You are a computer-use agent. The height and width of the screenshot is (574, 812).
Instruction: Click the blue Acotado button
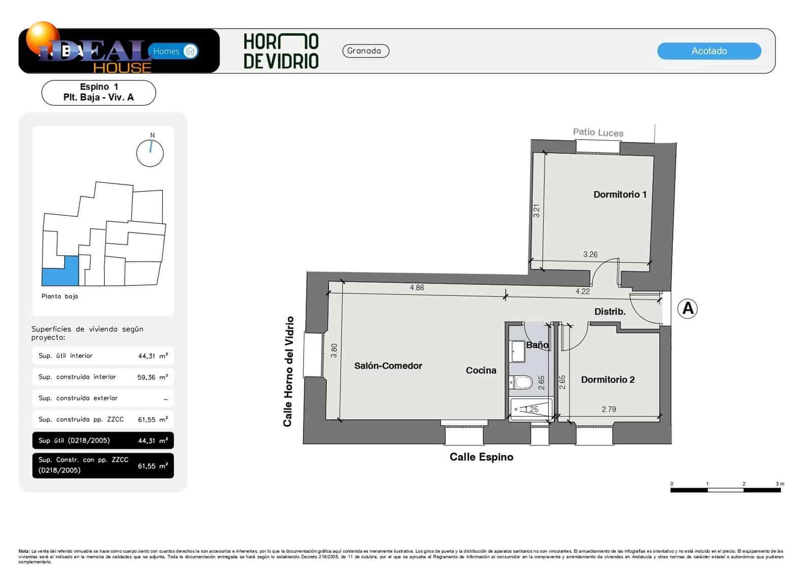(x=709, y=51)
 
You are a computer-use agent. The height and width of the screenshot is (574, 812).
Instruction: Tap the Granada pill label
(x=365, y=51)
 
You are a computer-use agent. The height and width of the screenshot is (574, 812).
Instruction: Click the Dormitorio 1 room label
(x=620, y=195)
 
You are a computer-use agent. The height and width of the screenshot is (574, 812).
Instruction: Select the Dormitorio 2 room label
(x=607, y=379)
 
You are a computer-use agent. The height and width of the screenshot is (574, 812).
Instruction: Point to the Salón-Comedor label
(x=388, y=366)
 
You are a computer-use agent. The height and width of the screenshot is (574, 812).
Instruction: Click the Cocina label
(x=481, y=370)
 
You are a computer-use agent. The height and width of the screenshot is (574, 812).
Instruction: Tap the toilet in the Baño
(x=521, y=382)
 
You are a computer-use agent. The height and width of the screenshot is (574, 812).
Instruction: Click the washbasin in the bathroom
(x=518, y=352)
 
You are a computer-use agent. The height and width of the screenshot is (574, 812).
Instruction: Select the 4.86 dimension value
(x=417, y=288)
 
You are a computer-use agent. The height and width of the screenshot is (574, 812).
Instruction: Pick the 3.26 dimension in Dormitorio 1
(x=590, y=254)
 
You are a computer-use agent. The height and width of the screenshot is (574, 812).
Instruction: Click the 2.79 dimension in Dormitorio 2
(x=608, y=409)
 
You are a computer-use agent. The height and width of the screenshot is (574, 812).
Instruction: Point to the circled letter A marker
(x=688, y=308)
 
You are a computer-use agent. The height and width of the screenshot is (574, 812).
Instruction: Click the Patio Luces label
(x=598, y=133)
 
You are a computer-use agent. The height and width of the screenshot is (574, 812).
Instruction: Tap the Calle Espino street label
(x=481, y=457)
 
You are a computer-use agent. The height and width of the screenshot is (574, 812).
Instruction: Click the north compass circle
(x=150, y=153)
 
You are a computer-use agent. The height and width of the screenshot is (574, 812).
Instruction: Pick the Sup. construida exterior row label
(x=78, y=398)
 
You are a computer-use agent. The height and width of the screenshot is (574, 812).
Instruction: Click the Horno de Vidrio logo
(x=281, y=51)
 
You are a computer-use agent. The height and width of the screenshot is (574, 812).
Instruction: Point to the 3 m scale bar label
(x=780, y=484)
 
